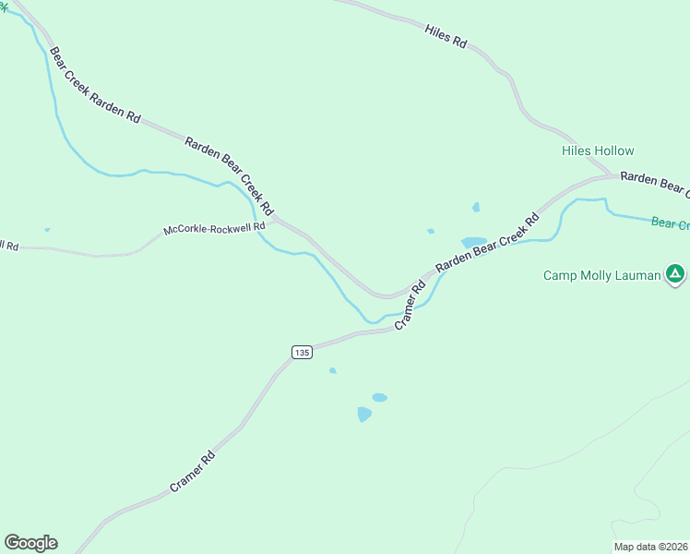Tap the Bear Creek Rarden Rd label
pyautogui.click(x=95, y=86)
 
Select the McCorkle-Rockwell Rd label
pyautogui.click(x=214, y=228)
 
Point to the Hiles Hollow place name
pyautogui.click(x=598, y=151)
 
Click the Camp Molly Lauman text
pyautogui.click(x=601, y=275)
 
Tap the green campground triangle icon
pyautogui.click(x=676, y=273)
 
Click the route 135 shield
pyautogui.click(x=302, y=352)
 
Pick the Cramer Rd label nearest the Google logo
pyautogui.click(x=193, y=471)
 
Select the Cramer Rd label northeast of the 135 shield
pyautogui.click(x=410, y=305)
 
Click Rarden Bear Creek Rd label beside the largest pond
pyautogui.click(x=487, y=243)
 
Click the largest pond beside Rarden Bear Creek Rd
pyautogui.click(x=473, y=242)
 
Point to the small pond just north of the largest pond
pyautogui.click(x=476, y=207)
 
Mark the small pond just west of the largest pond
pyautogui.click(x=431, y=231)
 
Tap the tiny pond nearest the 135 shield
pyautogui.click(x=333, y=371)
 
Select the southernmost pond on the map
pyautogui.click(x=364, y=415)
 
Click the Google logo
pyautogui.click(x=30, y=543)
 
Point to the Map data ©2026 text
pyautogui.click(x=651, y=547)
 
